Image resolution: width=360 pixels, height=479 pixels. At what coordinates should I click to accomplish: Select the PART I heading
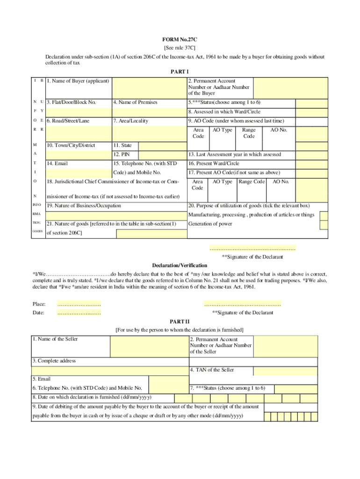coord(180,72)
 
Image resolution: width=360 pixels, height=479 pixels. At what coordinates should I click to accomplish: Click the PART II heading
coord(180,321)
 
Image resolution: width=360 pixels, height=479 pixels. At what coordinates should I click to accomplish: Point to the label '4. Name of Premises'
coord(135,102)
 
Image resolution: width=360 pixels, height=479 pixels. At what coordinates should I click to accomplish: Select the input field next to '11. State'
coord(162,146)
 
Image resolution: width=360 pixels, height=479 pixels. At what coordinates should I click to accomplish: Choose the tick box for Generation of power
coord(324,225)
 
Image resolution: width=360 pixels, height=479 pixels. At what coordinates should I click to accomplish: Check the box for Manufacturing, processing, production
coord(324,215)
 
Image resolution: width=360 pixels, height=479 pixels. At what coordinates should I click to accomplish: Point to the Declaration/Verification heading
coord(180,266)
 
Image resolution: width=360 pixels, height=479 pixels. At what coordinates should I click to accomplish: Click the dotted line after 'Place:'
coord(79,305)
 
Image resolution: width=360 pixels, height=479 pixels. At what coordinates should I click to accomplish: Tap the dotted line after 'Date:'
coord(79,313)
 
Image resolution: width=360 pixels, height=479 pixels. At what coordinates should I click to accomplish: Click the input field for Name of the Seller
coord(149,346)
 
